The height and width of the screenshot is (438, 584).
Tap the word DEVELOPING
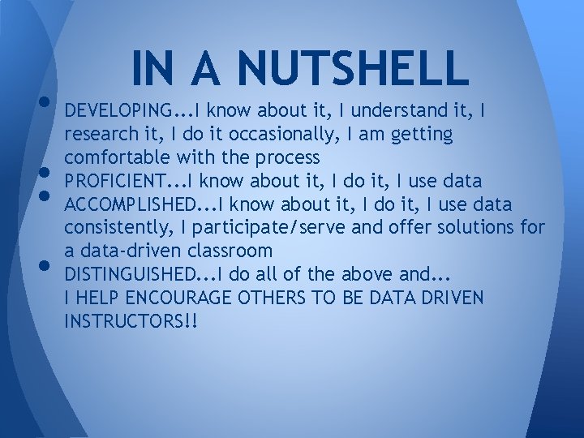click(x=118, y=109)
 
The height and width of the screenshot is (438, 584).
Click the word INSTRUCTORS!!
click(x=131, y=320)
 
